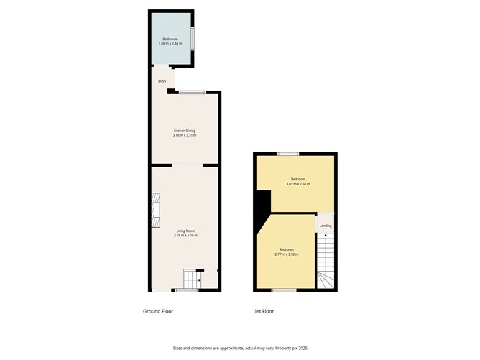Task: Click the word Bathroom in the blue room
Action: pyautogui.click(x=170, y=38)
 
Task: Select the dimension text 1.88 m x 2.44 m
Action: pyautogui.click(x=170, y=44)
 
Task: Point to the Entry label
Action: pyautogui.click(x=162, y=81)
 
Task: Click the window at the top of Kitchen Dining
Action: pyautogui.click(x=192, y=92)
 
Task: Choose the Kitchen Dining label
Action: pyautogui.click(x=184, y=131)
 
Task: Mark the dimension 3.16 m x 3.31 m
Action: pyautogui.click(x=184, y=136)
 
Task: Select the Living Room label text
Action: pyautogui.click(x=185, y=231)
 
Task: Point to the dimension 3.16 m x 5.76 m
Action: pyautogui.click(x=185, y=236)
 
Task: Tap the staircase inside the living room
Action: pyautogui.click(x=192, y=279)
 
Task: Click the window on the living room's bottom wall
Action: pyautogui.click(x=187, y=290)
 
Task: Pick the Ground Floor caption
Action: pyautogui.click(x=158, y=311)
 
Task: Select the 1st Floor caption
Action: pyautogui.click(x=263, y=311)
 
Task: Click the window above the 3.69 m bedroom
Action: pyautogui.click(x=289, y=154)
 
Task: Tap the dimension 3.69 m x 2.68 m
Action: pyautogui.click(x=297, y=184)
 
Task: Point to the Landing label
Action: pyautogui.click(x=326, y=226)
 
